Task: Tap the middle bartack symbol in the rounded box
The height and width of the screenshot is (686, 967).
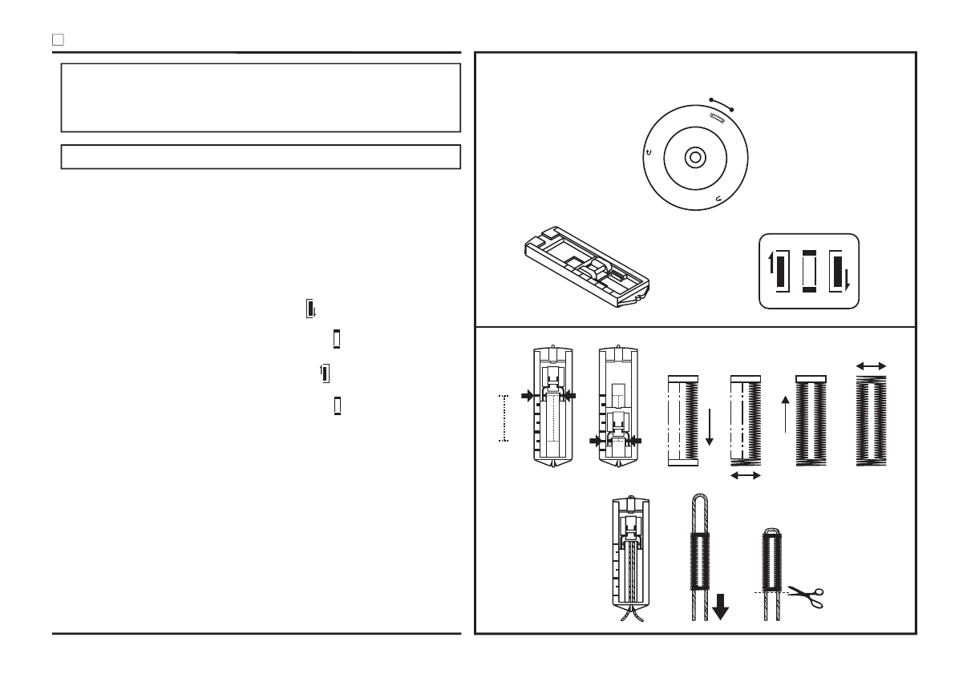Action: click(x=808, y=272)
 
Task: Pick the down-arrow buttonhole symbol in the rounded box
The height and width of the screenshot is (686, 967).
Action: click(x=839, y=272)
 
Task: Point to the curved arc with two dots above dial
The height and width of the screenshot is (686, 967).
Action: click(x=721, y=103)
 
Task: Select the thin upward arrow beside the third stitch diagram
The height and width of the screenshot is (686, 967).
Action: click(x=785, y=414)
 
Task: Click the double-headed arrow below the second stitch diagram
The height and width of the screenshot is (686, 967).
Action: click(x=746, y=476)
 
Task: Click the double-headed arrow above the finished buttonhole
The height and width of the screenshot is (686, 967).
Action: click(x=872, y=365)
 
